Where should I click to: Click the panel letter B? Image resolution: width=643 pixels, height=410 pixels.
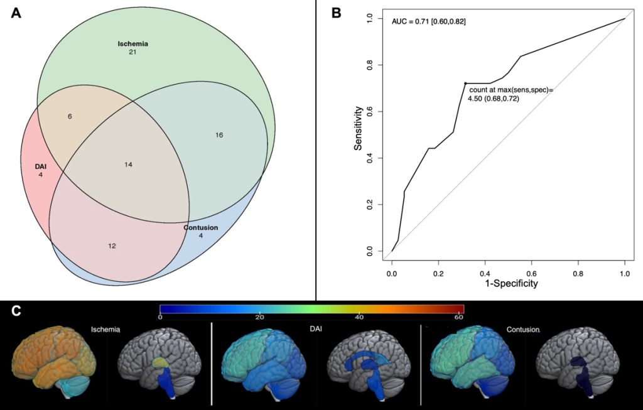pos(337,13)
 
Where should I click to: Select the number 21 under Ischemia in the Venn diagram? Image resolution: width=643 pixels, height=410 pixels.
pos(132,52)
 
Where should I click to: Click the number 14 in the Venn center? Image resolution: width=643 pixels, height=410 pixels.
pos(128,165)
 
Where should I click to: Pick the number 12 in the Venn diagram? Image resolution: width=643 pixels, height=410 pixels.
pos(112,245)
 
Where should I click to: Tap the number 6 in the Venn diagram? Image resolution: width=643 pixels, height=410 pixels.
pos(70,117)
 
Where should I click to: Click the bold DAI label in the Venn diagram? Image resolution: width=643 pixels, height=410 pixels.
pos(40,166)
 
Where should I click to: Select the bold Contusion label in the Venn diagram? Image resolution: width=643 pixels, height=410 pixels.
pos(201,227)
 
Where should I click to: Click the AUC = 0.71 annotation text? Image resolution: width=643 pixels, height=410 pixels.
pos(428,23)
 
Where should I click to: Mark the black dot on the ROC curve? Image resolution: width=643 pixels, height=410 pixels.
pos(465,84)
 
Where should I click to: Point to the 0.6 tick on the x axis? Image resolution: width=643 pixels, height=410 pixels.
pos(531,274)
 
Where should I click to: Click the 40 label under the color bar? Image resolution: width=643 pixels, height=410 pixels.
pos(359,317)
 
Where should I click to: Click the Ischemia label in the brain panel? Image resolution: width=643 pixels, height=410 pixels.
pos(105,328)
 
